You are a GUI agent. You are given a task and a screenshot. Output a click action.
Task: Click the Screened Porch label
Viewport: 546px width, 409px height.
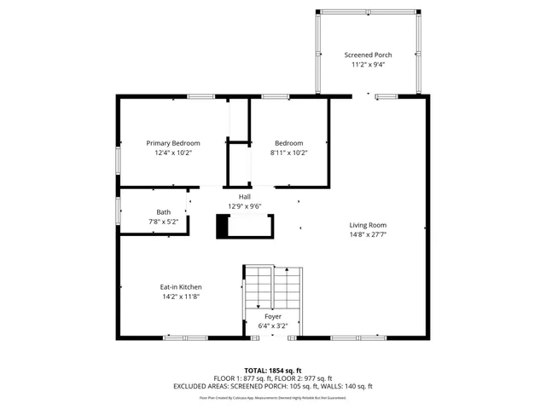coord(368,55)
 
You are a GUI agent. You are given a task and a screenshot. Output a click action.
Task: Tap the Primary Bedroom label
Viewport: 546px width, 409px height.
coord(173,142)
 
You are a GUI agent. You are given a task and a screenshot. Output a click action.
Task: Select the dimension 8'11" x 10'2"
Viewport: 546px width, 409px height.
coord(288,153)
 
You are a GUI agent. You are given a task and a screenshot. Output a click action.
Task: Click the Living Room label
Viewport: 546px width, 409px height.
coord(368,225)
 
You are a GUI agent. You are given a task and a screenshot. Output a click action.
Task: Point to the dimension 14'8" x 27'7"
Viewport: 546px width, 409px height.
coord(368,235)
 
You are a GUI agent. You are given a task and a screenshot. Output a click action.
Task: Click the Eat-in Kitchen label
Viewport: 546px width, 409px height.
coord(182,287)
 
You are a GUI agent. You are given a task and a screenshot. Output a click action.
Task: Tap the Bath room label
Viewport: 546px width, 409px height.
coord(163,211)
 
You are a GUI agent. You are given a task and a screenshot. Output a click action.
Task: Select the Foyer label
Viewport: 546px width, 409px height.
coord(272,316)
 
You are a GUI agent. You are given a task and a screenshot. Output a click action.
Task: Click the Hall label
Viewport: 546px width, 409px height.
coord(244,196)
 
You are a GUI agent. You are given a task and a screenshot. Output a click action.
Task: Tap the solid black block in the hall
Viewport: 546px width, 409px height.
coord(224,226)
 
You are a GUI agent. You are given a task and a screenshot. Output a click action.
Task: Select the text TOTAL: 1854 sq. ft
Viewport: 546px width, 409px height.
coord(273,371)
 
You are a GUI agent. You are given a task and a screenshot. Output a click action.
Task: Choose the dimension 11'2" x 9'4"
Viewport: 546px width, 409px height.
coord(368,65)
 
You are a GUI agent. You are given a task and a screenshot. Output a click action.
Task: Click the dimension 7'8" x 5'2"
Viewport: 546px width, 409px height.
coord(163,222)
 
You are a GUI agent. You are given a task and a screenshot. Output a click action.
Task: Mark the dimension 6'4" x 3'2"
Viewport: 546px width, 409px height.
coord(272,325)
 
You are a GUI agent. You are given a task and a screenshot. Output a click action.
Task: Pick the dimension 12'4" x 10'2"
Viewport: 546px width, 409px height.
coord(173,153)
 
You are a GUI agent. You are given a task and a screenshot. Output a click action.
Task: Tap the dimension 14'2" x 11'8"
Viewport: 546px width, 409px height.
coord(182,297)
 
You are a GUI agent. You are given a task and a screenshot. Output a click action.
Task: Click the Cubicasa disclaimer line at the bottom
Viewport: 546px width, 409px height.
coord(273,397)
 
